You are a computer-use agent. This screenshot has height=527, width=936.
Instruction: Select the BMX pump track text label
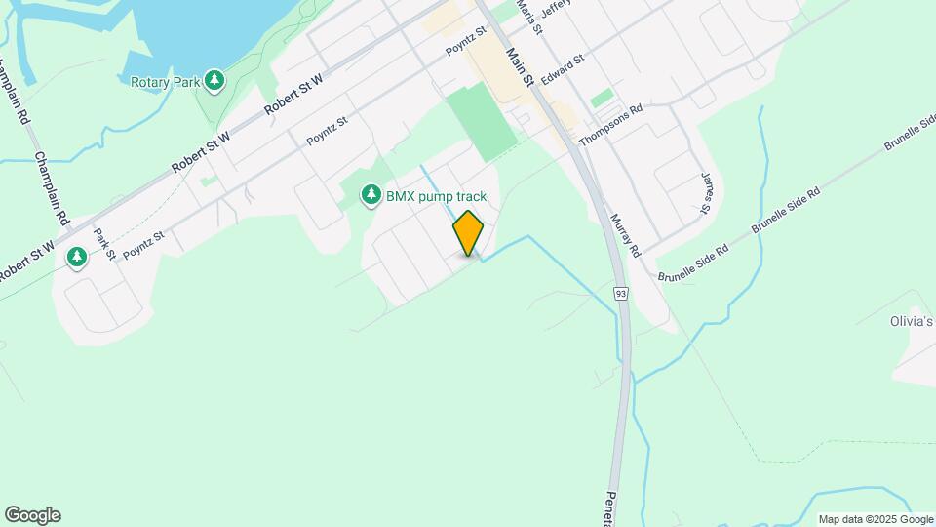pyautogui.click(x=436, y=196)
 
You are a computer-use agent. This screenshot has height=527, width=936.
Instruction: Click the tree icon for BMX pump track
pyautogui.click(x=370, y=196)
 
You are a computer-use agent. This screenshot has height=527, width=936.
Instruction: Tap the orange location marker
pyautogui.click(x=469, y=233)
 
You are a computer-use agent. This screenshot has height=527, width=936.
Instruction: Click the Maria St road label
pyautogui.click(x=527, y=13)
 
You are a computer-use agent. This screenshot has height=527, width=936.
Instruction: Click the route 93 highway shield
pyautogui.click(x=621, y=293)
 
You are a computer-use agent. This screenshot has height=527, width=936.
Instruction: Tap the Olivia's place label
pyautogui.click(x=912, y=321)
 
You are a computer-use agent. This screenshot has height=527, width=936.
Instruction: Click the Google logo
pyautogui.click(x=32, y=515)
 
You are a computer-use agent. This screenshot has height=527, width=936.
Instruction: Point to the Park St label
pyautogui.click(x=104, y=244)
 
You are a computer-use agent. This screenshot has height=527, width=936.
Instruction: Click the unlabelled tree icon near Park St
pyautogui.click(x=77, y=258)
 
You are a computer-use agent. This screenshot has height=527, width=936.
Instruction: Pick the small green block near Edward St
pyautogui.click(x=603, y=99)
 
